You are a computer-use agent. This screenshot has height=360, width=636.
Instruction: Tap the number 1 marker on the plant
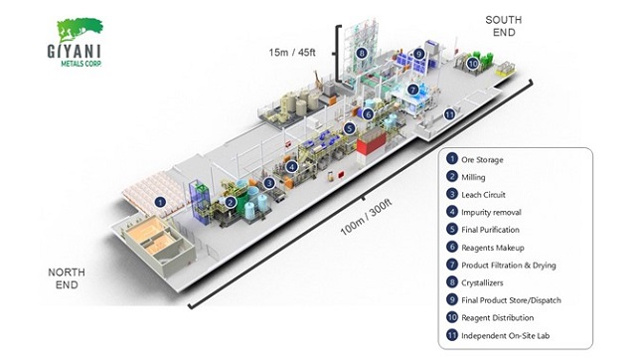(160, 203)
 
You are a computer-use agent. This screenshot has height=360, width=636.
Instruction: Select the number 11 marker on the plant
(449, 113)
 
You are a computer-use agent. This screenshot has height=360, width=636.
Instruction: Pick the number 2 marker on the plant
(231, 202)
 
